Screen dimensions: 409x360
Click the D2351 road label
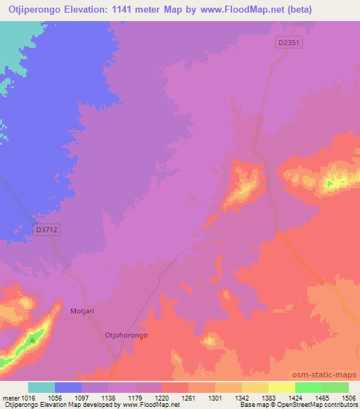(289, 43)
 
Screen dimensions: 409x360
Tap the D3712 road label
(47, 229)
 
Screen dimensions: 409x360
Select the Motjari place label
(83, 310)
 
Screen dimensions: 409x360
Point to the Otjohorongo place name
(126, 335)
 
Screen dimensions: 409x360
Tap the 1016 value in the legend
(27, 397)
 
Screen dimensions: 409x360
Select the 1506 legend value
(347, 397)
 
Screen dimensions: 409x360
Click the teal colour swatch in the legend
(41, 387)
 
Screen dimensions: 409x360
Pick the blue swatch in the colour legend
(67, 387)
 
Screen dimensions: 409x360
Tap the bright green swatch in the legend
(309, 387)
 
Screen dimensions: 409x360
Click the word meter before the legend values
(10, 397)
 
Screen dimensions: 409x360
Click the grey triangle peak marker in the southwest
(32, 339)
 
